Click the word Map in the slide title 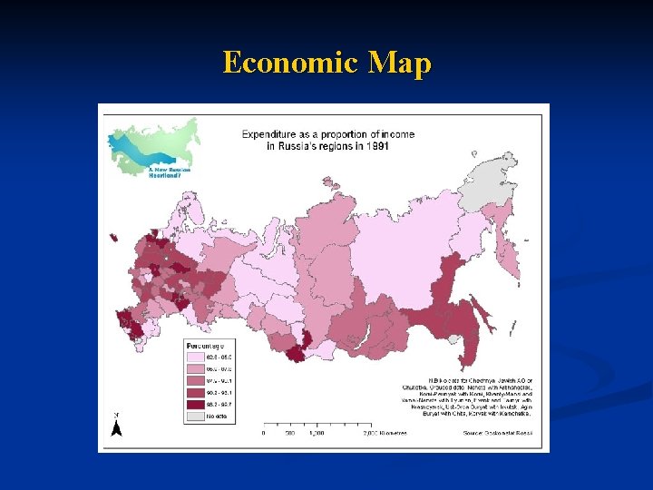[x=400, y=64]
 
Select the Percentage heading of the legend [x=205, y=345]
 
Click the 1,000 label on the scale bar [x=317, y=433]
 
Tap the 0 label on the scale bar [x=263, y=433]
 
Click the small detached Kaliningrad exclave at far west [x=112, y=238]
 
